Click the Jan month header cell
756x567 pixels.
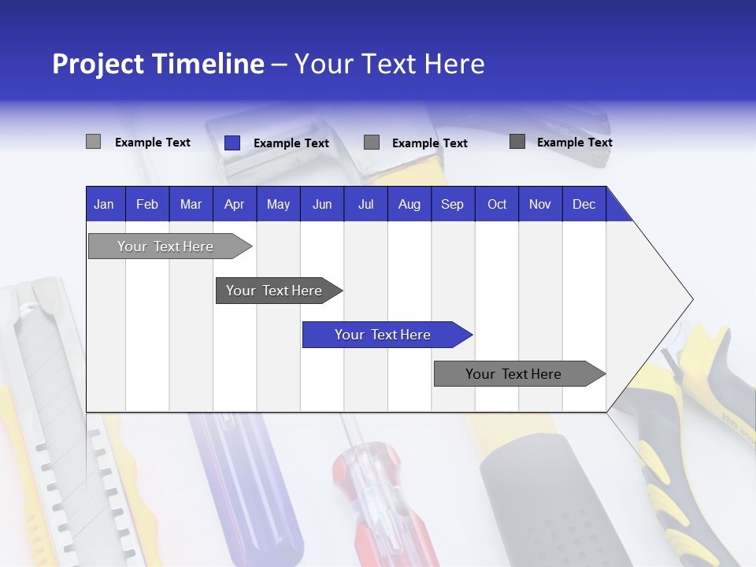(104, 204)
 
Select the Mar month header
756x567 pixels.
(191, 204)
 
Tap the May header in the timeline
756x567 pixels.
(278, 204)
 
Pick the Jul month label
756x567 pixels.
(365, 204)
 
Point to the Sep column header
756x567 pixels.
(452, 204)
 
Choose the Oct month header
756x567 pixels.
(497, 204)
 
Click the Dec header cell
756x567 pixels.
(584, 204)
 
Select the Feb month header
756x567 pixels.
(147, 204)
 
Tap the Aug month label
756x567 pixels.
(409, 204)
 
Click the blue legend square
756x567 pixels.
(232, 143)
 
